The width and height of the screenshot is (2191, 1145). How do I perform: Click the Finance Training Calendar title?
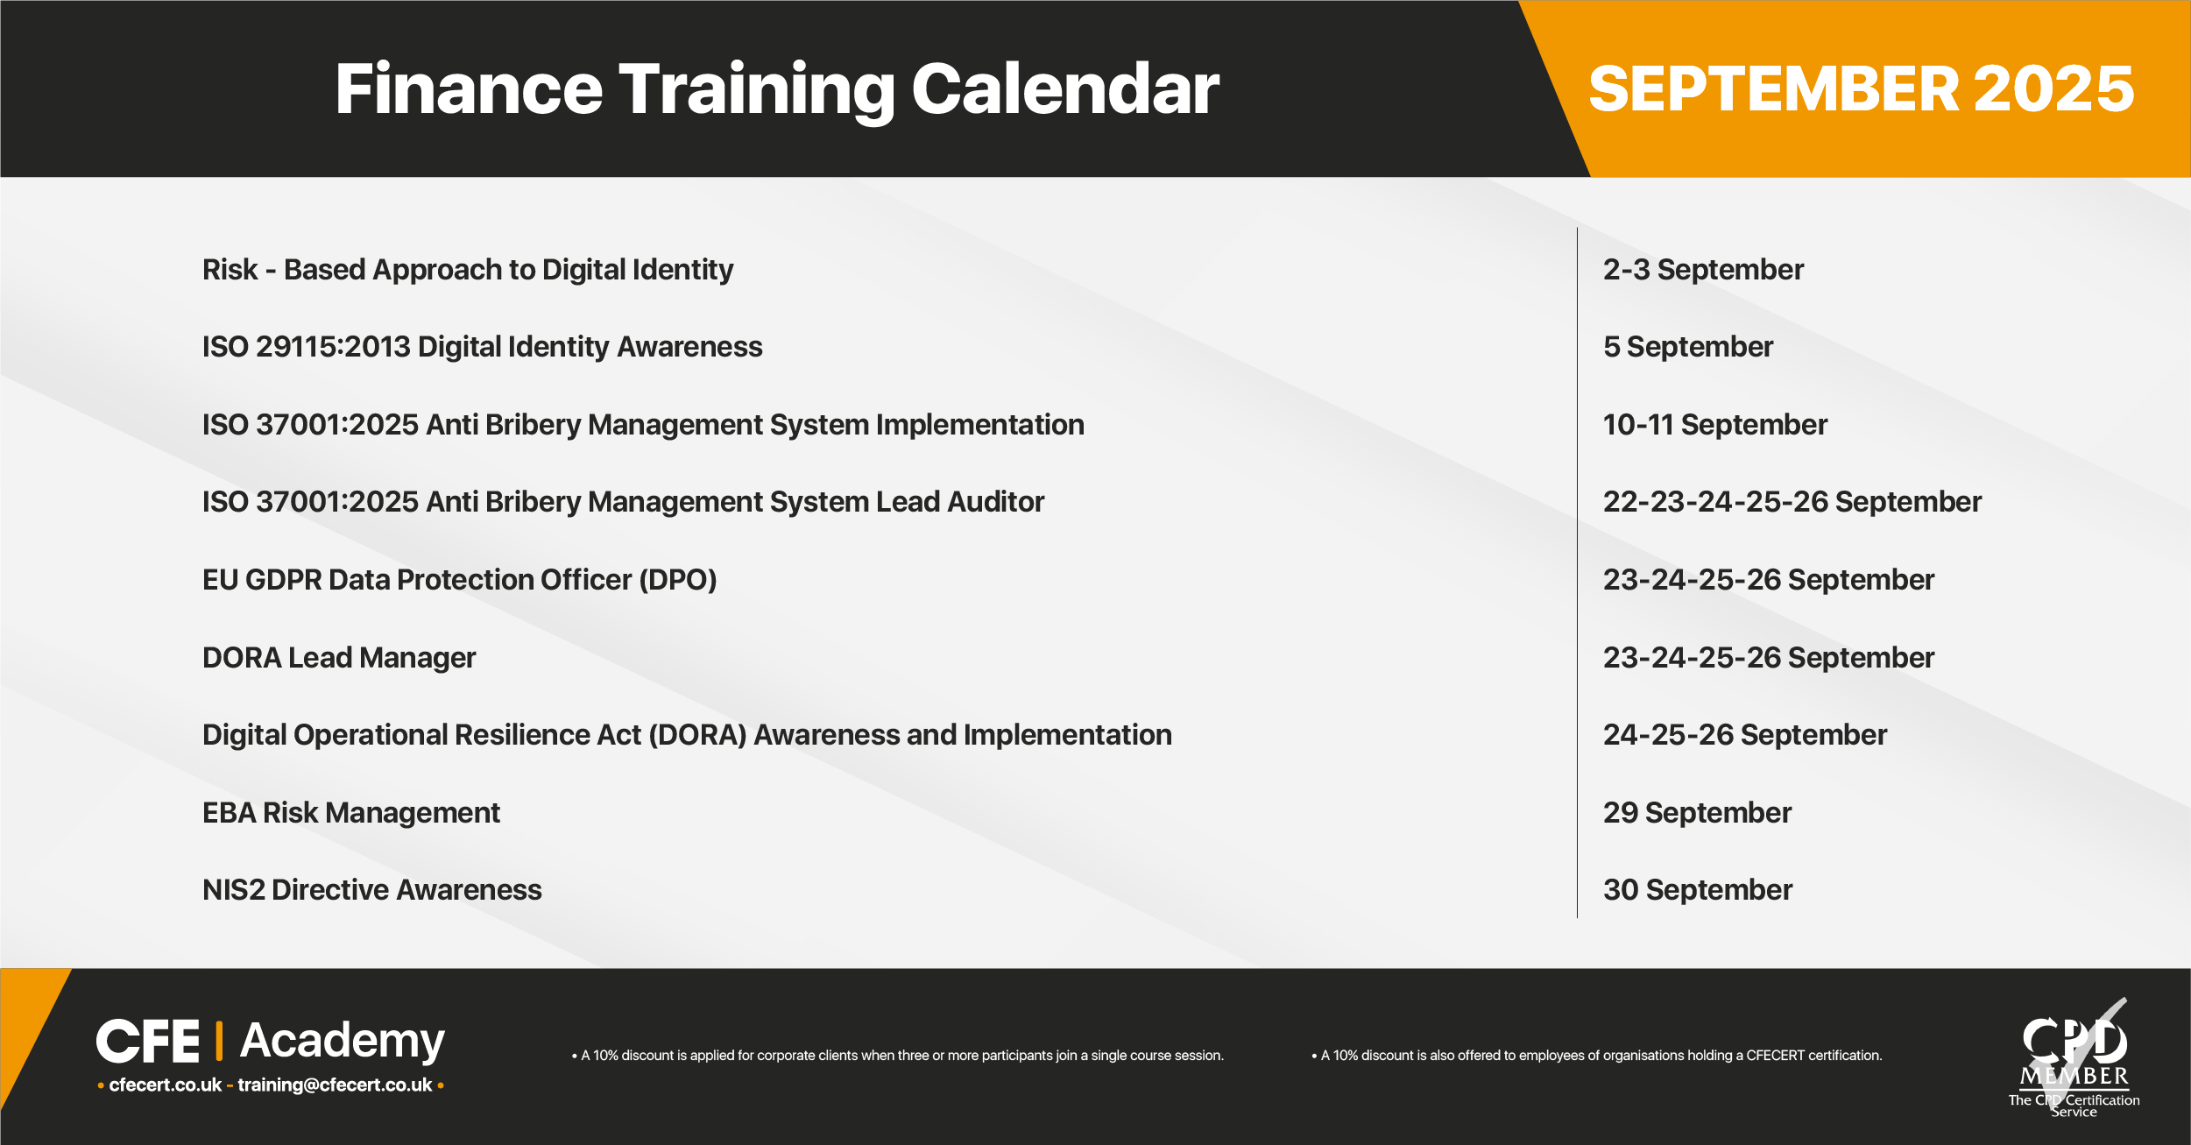point(777,89)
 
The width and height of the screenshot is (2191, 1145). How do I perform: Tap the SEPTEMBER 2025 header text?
point(1862,89)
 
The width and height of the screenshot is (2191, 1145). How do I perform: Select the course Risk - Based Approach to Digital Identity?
point(468,270)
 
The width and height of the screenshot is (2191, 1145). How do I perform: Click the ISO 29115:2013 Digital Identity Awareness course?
point(483,347)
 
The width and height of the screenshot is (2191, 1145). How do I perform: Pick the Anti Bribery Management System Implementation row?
point(643,425)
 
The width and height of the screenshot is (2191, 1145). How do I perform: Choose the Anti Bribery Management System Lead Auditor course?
point(624,502)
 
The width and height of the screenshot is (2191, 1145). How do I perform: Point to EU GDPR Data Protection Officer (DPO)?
point(460,580)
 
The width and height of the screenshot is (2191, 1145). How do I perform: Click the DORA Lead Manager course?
point(339,658)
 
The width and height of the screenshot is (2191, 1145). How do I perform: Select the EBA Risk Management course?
point(351,813)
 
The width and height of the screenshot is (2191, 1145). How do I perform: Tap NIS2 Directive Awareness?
point(372,890)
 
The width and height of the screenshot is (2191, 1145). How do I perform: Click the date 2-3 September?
point(1704,270)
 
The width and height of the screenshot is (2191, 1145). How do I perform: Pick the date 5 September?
point(1688,347)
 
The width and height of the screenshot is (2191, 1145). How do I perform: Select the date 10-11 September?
point(1715,425)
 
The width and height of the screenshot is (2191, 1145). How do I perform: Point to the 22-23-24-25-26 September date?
point(1792,502)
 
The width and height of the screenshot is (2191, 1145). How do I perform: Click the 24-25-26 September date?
point(1745,735)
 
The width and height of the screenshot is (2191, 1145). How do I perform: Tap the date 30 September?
point(1698,890)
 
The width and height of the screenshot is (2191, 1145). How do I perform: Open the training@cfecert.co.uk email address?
point(335,1085)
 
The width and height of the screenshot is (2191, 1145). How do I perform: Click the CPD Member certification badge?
point(2074,1057)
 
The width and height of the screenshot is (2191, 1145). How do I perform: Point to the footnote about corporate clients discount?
point(898,1056)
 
